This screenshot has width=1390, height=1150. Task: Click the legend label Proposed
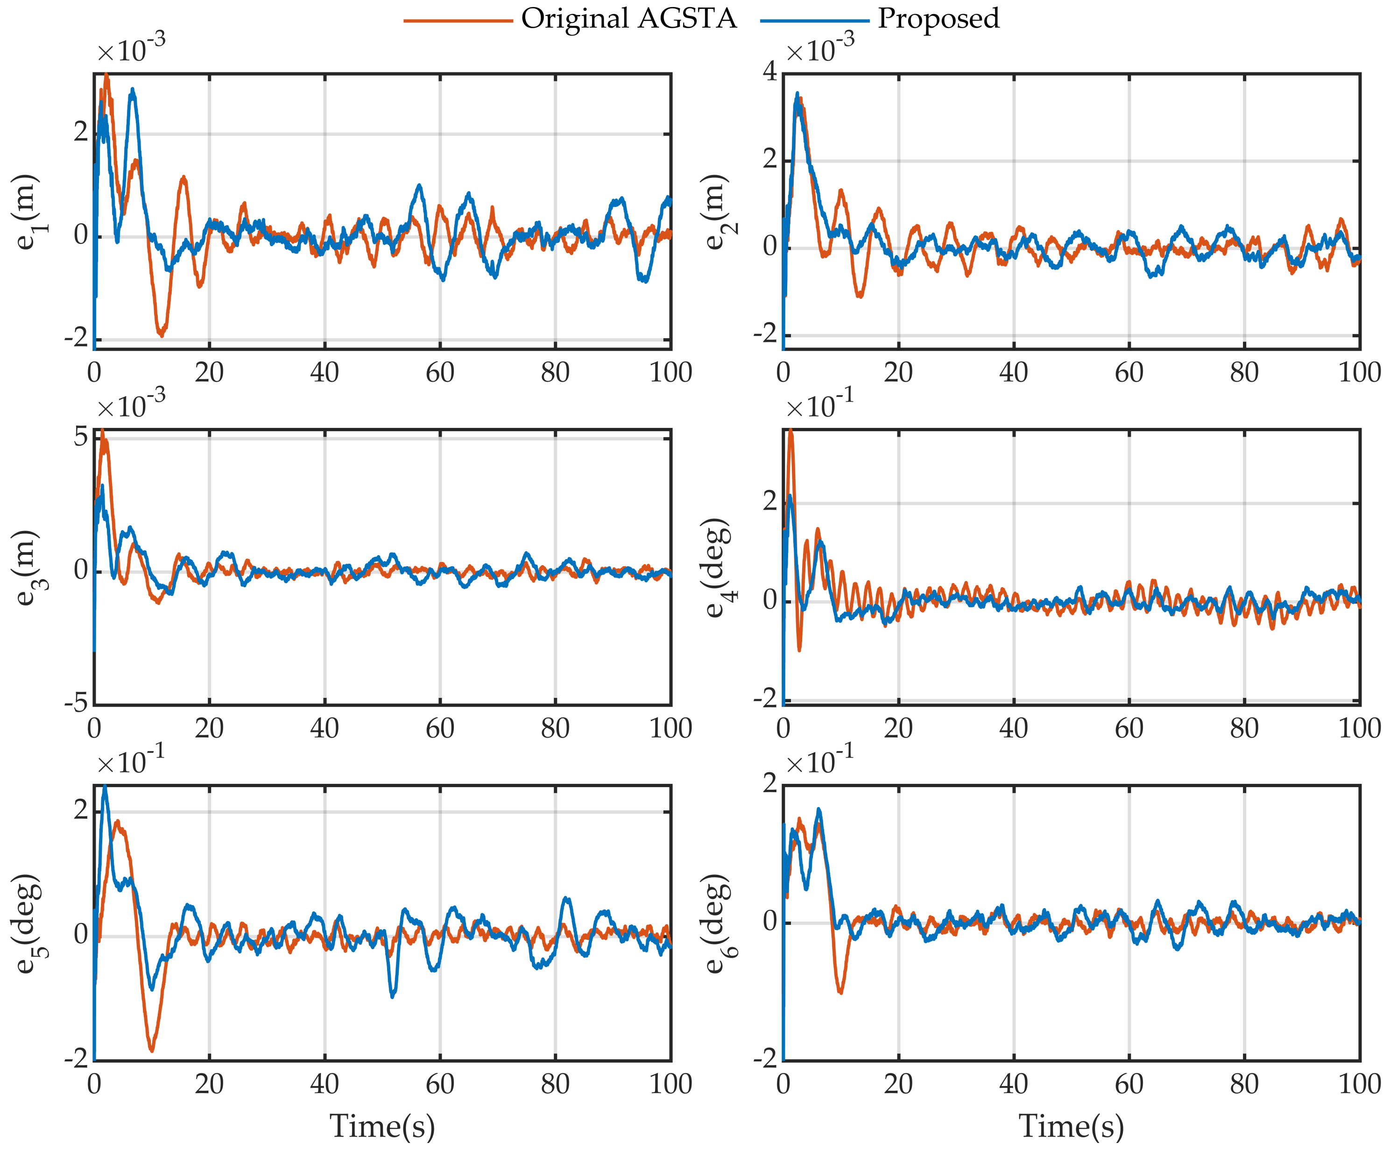pyautogui.click(x=938, y=19)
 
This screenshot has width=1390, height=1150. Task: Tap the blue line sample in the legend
pyautogui.click(x=814, y=21)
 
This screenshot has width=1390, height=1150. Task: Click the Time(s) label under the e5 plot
pyautogui.click(x=382, y=1126)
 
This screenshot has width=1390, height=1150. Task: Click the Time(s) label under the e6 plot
pyautogui.click(x=1072, y=1126)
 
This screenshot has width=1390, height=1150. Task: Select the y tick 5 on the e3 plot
pyautogui.click(x=81, y=437)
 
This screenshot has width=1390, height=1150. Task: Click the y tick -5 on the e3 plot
pyautogui.click(x=77, y=703)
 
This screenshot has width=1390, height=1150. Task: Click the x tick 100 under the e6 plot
pyautogui.click(x=1359, y=1084)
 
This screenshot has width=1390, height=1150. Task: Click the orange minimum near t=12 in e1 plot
pyautogui.click(x=161, y=335)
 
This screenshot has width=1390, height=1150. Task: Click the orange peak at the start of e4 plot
pyautogui.click(x=790, y=431)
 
